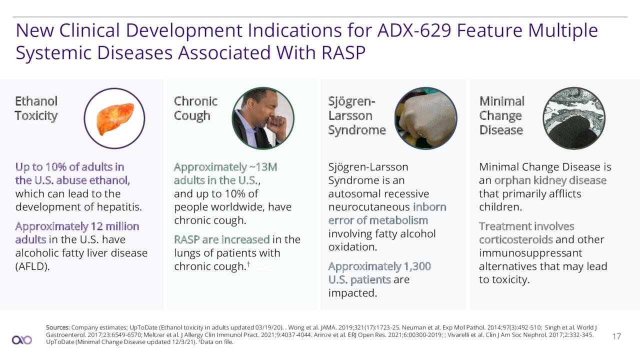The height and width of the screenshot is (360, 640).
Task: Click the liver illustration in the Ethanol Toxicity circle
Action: [115, 119]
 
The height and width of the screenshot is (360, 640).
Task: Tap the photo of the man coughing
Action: [263, 118]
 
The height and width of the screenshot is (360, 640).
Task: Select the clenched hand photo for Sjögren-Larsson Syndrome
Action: [425, 118]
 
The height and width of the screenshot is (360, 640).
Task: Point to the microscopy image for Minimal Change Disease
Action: [574, 118]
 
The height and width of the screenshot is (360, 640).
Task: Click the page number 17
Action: [616, 336]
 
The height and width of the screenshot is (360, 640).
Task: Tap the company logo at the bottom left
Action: [22, 340]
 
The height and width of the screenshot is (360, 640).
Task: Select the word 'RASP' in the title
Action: [343, 53]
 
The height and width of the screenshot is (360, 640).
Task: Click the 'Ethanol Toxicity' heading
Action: [36, 108]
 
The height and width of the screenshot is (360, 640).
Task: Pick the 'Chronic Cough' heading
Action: [195, 108]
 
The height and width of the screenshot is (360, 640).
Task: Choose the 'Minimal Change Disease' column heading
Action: [502, 115]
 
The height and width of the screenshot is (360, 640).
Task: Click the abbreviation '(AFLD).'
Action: [32, 266]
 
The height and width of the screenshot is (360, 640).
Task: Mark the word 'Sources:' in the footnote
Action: [58, 327]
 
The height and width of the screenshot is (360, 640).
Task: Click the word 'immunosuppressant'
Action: [530, 253]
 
